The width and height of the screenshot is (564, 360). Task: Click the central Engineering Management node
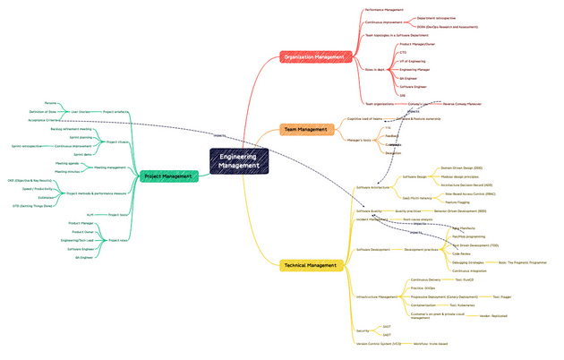(x=239, y=161)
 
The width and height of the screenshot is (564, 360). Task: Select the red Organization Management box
(x=313, y=57)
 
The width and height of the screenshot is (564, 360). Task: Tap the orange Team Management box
(x=305, y=130)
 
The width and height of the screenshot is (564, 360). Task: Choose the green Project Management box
(x=167, y=176)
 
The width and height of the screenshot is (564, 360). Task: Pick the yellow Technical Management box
(x=306, y=265)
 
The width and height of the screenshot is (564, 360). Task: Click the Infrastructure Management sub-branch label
(x=377, y=296)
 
